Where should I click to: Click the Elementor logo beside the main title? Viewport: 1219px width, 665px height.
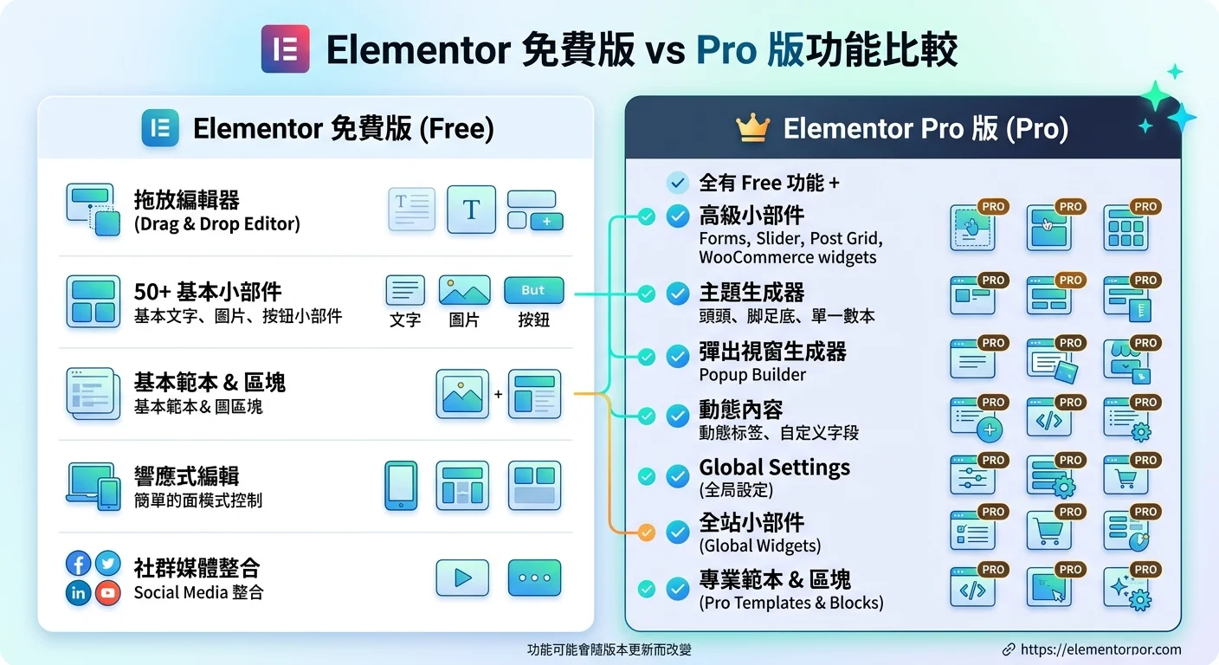coord(285,49)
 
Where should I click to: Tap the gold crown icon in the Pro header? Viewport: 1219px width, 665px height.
coord(752,129)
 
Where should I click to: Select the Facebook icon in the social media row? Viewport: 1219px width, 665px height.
coord(79,565)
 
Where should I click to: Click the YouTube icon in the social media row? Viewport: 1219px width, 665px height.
coord(107,593)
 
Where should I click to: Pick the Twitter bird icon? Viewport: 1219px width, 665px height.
coord(107,565)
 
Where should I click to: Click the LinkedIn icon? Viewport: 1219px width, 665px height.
coord(79,593)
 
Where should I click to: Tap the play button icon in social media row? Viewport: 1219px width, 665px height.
coord(462,578)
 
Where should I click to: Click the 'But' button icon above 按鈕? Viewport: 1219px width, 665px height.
coord(533,291)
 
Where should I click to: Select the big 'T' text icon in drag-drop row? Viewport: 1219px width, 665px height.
coord(471,210)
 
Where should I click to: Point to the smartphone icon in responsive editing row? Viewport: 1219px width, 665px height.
coord(401,486)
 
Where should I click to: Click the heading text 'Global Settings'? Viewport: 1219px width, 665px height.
coord(774,468)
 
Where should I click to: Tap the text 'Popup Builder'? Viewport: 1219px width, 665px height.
coord(751,375)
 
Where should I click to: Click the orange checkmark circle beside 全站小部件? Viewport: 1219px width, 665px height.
coord(646,533)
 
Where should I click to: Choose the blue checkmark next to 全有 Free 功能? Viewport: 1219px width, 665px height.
coord(678,183)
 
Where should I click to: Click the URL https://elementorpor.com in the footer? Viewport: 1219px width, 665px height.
coord(1100,649)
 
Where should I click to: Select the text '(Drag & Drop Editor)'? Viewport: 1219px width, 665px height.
coord(216,224)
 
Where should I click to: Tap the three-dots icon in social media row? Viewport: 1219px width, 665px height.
coord(534,578)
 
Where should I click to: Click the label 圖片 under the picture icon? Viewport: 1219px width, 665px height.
coord(464,320)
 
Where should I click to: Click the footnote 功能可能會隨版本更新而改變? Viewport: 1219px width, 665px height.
coord(609,649)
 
